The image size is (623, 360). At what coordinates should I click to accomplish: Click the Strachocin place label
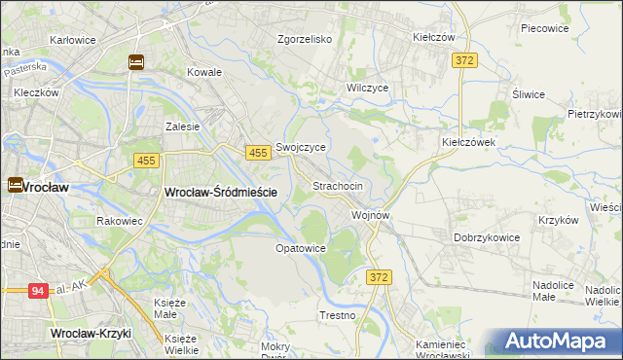pos(338,185)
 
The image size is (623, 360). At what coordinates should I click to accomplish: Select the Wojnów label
pos(371,214)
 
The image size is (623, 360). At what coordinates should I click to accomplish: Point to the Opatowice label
pos(300,248)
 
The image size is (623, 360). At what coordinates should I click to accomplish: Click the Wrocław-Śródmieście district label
pos(222,193)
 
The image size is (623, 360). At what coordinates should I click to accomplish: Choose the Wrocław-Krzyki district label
pos(90,334)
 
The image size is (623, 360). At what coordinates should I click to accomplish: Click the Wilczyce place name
pos(368,88)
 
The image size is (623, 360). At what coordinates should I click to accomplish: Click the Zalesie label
pos(182,126)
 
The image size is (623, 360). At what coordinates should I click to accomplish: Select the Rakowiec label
pos(120,221)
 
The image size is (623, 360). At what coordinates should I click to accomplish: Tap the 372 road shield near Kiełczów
pos(465,60)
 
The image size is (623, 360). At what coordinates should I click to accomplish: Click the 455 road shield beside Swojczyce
pos(258,154)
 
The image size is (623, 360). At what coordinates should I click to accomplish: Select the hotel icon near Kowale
pos(135,62)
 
